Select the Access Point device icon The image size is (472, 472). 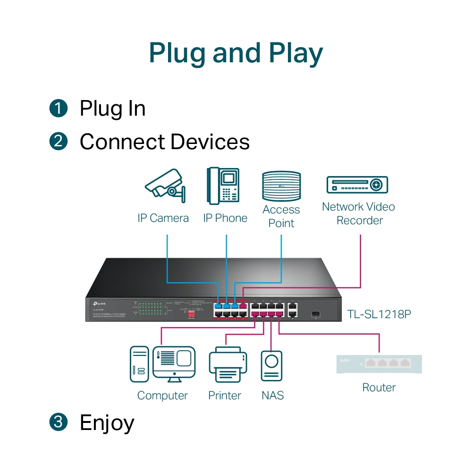point(281,187)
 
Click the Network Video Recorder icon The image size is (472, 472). point(357,185)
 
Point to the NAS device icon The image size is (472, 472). point(271,366)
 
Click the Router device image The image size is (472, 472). point(379,364)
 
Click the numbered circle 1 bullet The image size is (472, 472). point(59,108)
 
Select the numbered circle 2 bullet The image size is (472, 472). point(59,142)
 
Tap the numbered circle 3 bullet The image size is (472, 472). point(59,421)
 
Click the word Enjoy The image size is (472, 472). point(107,422)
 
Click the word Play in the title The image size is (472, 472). point(296,53)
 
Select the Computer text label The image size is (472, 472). point(162,396)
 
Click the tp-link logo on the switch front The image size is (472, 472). point(98,303)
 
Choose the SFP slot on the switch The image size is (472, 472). point(315,313)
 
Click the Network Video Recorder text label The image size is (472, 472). point(358,213)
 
